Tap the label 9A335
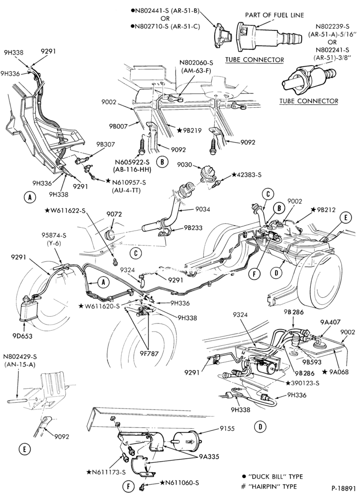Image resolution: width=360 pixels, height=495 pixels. (209, 457)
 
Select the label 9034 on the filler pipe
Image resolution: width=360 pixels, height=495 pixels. (202, 209)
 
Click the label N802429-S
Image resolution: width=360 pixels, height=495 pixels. (20, 357)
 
